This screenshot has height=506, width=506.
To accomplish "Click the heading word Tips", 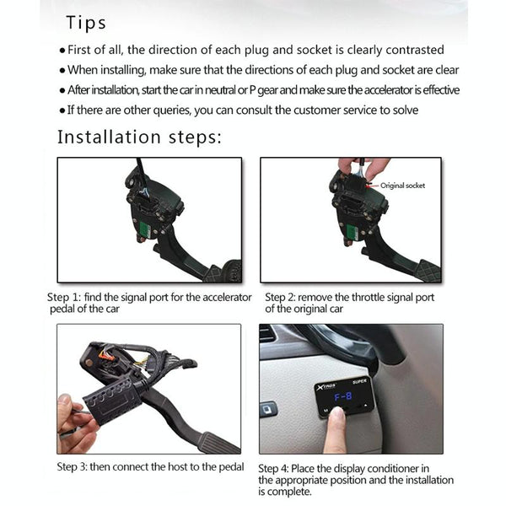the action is [86, 24].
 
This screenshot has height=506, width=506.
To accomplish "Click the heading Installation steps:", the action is [140, 137].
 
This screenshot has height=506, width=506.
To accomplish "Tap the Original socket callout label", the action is [402, 186].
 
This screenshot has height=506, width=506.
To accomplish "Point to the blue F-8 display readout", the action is [342, 396].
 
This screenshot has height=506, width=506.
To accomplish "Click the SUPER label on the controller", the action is [359, 381].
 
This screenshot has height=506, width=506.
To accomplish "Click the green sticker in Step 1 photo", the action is [146, 229].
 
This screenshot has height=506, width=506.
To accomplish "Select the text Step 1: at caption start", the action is [64, 297].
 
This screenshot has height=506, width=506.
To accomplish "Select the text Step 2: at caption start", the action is [280, 297].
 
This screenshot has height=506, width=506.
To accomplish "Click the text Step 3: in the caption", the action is [72, 466].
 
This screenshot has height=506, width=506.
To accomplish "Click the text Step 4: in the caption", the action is [273, 468].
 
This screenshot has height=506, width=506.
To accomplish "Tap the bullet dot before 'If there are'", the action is [62, 111].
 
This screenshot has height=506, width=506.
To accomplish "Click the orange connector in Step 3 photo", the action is [105, 355].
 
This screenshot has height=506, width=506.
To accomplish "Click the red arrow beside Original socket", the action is [373, 186].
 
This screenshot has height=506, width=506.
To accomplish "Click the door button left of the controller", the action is [267, 409].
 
